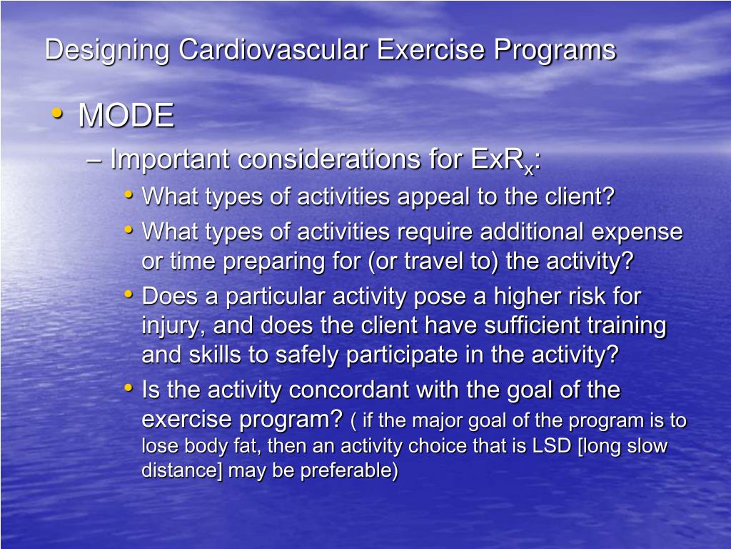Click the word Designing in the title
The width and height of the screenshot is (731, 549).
click(108, 51)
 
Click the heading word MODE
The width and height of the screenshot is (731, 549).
click(126, 116)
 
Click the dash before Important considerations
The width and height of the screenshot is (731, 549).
click(93, 160)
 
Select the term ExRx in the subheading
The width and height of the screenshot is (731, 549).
click(503, 160)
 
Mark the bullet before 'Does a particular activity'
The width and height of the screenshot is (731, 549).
click(128, 294)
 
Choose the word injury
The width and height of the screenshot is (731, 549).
click(171, 326)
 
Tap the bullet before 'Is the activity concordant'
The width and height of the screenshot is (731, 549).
click(128, 388)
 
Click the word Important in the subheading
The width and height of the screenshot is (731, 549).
click(171, 160)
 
